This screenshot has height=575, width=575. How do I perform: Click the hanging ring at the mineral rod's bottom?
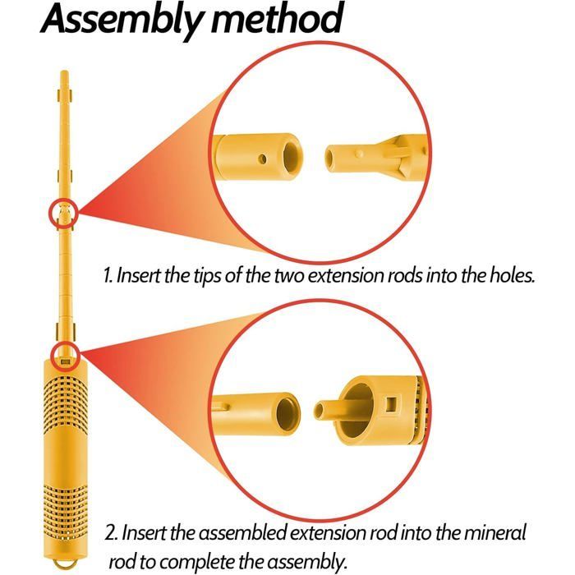65,564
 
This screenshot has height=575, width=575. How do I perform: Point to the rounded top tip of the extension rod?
65,72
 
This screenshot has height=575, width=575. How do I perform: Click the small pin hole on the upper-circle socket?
262,159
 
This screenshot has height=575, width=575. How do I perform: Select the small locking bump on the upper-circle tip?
360,154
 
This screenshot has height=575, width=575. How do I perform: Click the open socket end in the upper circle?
292,157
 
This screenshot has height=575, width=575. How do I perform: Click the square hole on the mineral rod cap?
392,404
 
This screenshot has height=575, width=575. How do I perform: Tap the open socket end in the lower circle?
287,413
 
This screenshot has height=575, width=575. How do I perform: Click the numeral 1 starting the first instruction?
108,275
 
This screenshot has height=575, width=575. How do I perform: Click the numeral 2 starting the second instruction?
111,533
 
